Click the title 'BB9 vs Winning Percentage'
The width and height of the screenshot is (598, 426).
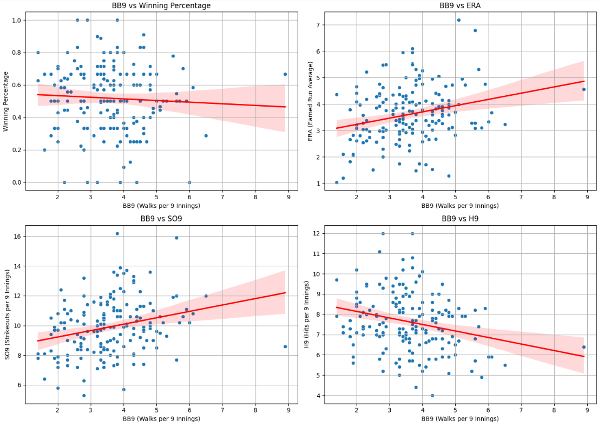click(x=161, y=5)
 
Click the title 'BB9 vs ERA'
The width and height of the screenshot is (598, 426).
click(x=460, y=5)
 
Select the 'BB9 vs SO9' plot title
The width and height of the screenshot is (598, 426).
click(x=161, y=219)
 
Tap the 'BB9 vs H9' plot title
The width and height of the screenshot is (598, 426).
click(x=460, y=219)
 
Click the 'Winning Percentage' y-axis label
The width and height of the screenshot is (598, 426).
click(x=6, y=101)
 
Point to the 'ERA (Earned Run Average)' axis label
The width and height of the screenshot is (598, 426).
click(x=310, y=101)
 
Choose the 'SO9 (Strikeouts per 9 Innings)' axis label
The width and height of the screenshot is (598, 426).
click(x=6, y=314)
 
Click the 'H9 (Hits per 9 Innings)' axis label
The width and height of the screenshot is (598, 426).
click(x=310, y=314)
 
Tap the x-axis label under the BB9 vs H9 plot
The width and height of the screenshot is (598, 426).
click(x=460, y=418)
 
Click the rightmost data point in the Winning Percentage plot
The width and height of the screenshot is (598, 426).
click(x=285, y=74)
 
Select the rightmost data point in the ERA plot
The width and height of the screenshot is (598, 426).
click(x=584, y=89)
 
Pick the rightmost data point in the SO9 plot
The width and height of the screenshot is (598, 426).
click(x=285, y=346)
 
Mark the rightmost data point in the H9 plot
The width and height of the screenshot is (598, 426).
click(x=584, y=347)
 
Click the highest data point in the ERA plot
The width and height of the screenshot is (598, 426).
click(x=458, y=20)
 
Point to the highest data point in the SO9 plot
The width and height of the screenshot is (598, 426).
click(x=117, y=234)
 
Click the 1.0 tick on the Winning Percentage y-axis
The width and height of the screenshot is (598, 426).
click(x=18, y=20)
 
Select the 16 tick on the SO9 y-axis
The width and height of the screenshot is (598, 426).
click(x=18, y=237)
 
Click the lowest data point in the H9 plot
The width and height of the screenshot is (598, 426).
click(x=432, y=395)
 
